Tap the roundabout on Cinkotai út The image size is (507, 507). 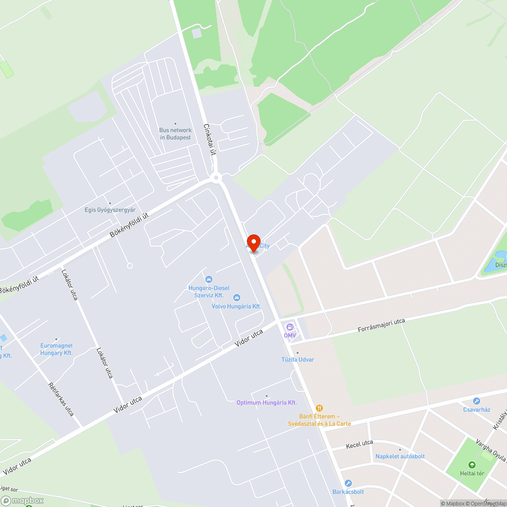(x=216, y=177)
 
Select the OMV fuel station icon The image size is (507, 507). (x=290, y=327)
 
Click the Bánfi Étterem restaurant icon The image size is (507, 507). (x=319, y=408)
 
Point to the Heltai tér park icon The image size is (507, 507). (x=472, y=464)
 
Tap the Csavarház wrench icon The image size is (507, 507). (x=477, y=401)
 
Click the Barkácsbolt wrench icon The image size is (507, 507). (x=348, y=483)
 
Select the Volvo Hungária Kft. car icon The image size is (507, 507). (x=236, y=298)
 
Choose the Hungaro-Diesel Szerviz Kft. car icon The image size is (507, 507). (x=208, y=279)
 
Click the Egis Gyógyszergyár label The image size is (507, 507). (x=110, y=209)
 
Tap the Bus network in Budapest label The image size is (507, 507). (x=175, y=134)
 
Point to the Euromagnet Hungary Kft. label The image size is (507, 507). (x=56, y=349)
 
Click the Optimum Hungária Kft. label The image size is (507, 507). (x=267, y=403)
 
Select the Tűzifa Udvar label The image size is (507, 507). (x=298, y=359)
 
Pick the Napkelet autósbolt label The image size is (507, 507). (x=400, y=456)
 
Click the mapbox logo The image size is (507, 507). (x=23, y=500)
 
